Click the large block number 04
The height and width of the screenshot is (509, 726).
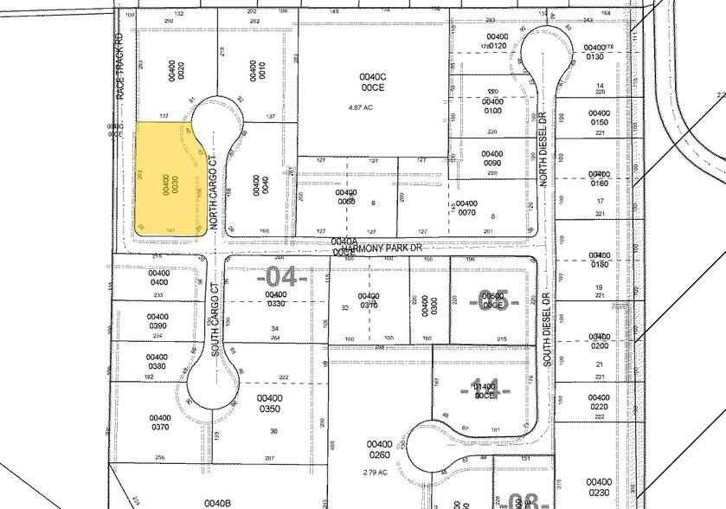point(281,277)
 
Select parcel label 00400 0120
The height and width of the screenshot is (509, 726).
point(497,41)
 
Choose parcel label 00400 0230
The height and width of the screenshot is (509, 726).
point(599,486)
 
